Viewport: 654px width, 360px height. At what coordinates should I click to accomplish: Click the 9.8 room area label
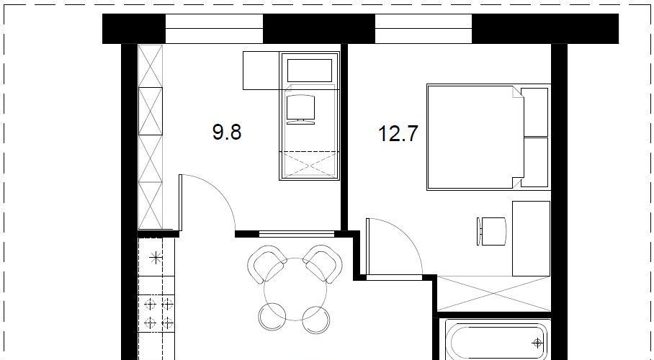pyautogui.click(x=227, y=132)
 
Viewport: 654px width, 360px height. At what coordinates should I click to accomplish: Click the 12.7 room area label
pyautogui.click(x=398, y=134)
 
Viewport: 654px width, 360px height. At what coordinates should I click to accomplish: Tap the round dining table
pyautogui.click(x=295, y=289)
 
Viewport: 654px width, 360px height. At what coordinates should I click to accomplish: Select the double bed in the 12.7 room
pyautogui.click(x=475, y=138)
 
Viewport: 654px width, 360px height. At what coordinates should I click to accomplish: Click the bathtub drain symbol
pyautogui.click(x=537, y=343)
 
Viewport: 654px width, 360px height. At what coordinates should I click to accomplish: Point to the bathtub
pyautogui.click(x=496, y=340)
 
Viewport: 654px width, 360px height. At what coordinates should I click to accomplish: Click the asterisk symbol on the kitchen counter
pyautogui.click(x=156, y=258)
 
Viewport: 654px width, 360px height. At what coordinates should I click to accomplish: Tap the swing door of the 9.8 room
pyautogui.click(x=207, y=203)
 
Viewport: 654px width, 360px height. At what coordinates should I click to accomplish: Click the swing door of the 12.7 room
pyautogui.click(x=394, y=247)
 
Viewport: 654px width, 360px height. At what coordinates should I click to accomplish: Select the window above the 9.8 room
pyautogui.click(x=214, y=28)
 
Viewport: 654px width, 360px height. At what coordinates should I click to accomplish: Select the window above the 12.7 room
pyautogui.click(x=424, y=28)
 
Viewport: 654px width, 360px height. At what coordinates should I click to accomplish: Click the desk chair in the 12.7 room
pyautogui.click(x=491, y=232)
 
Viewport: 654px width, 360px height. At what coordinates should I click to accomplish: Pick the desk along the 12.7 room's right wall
pyautogui.click(x=531, y=238)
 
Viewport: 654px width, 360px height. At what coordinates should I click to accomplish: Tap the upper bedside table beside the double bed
pyautogui.click(x=534, y=112)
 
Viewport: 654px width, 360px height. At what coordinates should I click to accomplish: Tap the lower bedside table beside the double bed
pyautogui.click(x=534, y=162)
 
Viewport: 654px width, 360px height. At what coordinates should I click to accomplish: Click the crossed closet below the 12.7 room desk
pyautogui.click(x=494, y=293)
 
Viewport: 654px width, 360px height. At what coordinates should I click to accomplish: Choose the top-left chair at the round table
pyautogui.click(x=266, y=263)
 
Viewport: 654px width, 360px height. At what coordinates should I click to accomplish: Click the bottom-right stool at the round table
pyautogui.click(x=315, y=320)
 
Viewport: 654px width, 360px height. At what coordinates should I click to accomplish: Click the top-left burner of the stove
pyautogui.click(x=150, y=305)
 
